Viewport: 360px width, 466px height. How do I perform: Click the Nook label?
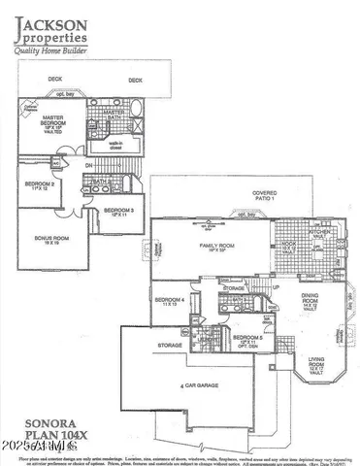(x=289, y=247)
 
